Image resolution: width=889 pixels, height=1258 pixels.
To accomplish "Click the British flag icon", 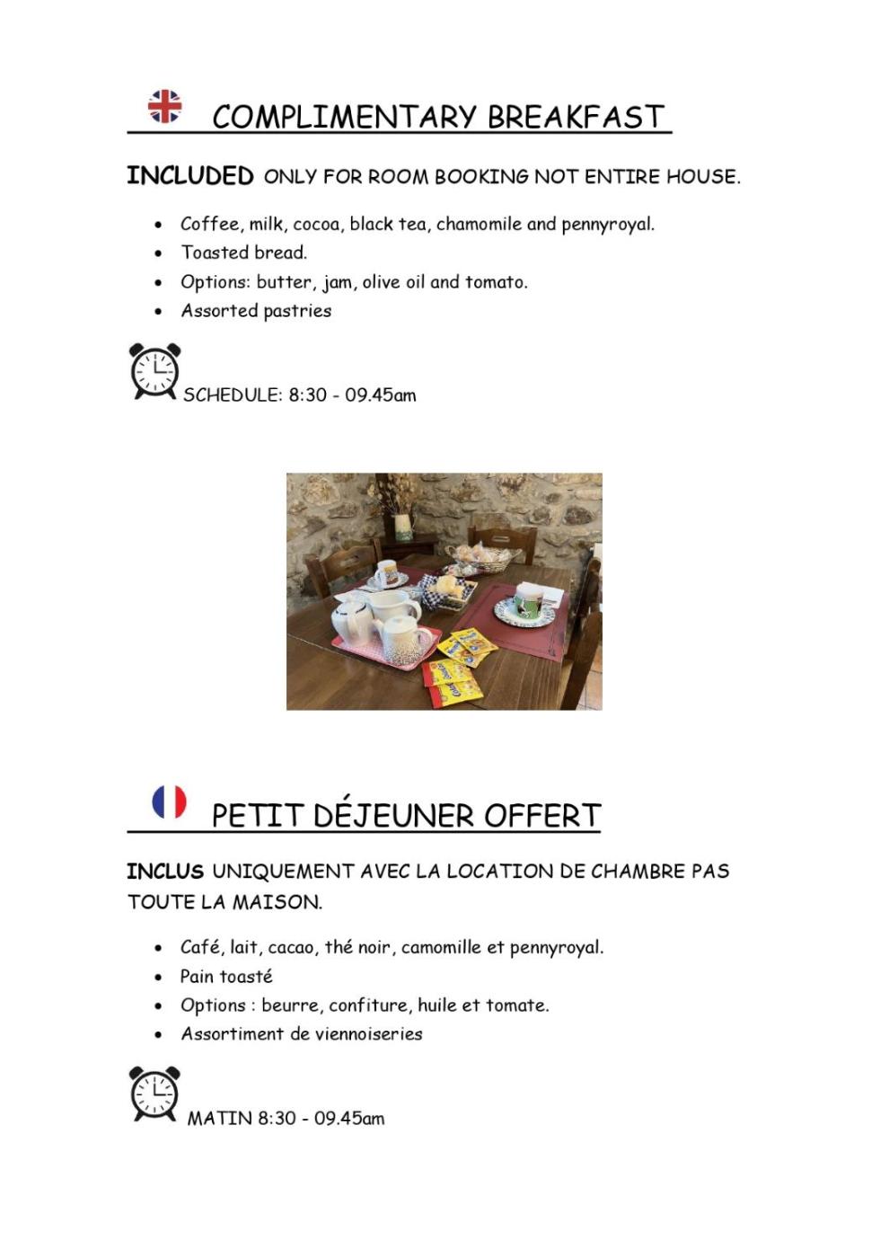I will point(164,106).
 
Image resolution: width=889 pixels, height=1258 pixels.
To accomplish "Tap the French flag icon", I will point(169,802).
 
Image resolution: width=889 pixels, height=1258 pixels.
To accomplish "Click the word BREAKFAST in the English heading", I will point(576,118).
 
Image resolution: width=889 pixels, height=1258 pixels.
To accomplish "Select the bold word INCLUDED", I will point(189,176).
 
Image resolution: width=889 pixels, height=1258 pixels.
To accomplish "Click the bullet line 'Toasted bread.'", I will point(243,252).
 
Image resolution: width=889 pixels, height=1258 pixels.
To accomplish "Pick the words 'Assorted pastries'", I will point(256,311).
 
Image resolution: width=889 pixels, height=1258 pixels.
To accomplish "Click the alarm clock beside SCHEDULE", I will point(154,371).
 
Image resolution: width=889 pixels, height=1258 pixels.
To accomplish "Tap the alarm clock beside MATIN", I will point(154,1094).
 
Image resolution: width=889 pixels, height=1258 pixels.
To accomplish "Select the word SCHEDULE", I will point(233,395).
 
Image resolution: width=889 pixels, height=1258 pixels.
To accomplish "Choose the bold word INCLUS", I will point(165,872).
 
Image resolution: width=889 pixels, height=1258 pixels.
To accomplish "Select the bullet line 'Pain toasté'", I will point(226,977).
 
